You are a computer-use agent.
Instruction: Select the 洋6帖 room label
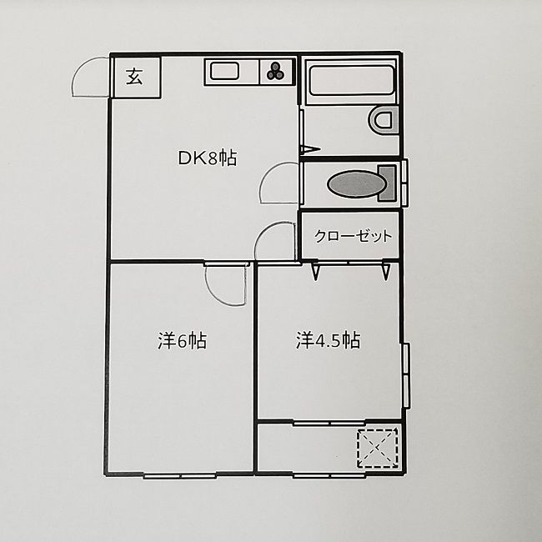point(183,340)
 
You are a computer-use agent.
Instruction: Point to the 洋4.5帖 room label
point(328,340)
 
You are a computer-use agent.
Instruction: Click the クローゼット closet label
point(353,237)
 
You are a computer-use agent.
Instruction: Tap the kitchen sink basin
point(225,72)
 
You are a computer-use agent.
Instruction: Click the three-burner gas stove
point(277,73)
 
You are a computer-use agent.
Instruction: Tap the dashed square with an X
point(378,447)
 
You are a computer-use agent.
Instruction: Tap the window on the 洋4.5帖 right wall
point(406,376)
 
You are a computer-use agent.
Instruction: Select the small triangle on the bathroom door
point(309,150)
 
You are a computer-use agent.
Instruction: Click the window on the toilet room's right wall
point(404,183)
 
